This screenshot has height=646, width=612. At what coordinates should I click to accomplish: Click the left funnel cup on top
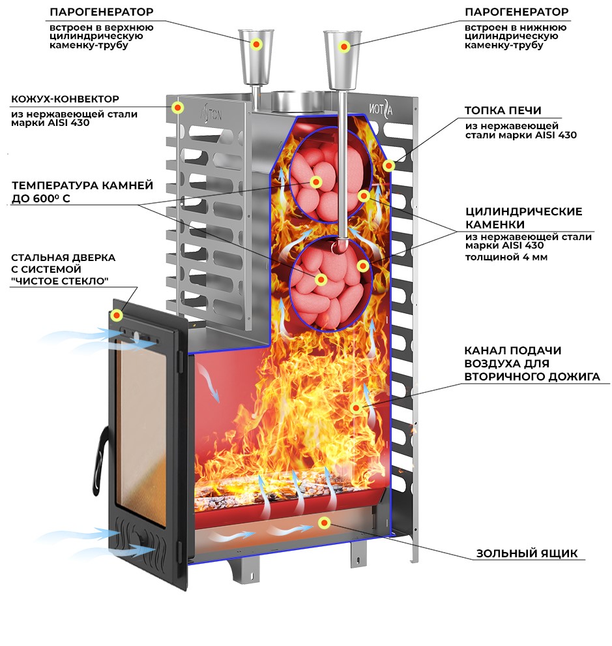pos(257,55)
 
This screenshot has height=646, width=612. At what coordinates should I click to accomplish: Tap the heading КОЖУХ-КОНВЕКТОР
pos(65,99)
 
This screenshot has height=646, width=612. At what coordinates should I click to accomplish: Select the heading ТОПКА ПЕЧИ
pos(503,110)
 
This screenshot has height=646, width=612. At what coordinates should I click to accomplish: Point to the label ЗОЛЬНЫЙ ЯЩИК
pos(527,553)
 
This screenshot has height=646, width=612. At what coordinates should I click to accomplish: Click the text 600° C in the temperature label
pos(63,198)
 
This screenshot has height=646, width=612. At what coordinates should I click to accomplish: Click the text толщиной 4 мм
pos(506,257)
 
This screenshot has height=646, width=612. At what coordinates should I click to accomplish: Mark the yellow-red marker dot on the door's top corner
pos(117,316)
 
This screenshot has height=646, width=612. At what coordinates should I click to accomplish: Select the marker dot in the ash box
pos(324,522)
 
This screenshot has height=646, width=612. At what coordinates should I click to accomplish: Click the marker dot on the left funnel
pos(257,44)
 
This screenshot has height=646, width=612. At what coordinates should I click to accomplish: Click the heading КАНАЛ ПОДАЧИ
pos(512,350)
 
